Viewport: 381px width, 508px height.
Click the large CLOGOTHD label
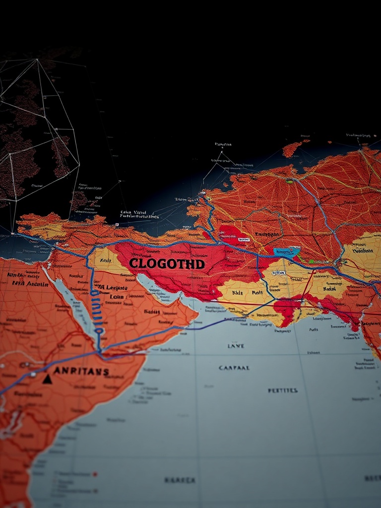[167, 264]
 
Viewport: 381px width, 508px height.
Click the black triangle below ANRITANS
[47, 379]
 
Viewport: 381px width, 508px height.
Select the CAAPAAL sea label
[234, 368]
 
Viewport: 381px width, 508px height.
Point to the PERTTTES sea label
[283, 390]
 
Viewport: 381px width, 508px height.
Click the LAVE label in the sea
[236, 346]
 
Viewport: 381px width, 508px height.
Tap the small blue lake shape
[287, 252]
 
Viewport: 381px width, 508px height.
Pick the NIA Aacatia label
[23, 284]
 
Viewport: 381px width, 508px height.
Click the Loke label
[117, 297]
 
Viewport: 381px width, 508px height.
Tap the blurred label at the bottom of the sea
[180, 480]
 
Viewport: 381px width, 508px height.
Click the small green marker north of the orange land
[289, 182]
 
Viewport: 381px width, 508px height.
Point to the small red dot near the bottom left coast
[95, 474]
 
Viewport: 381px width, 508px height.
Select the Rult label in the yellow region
[256, 293]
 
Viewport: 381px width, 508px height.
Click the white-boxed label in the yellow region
[278, 272]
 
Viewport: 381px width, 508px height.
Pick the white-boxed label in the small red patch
[244, 240]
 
